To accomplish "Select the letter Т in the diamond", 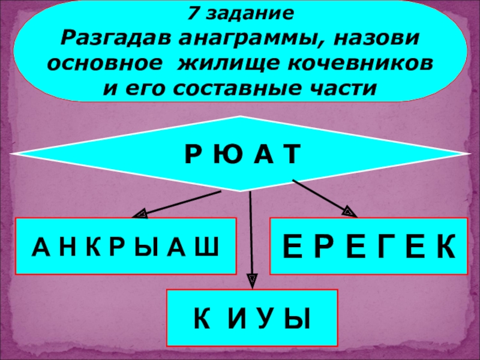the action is click(290, 155).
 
